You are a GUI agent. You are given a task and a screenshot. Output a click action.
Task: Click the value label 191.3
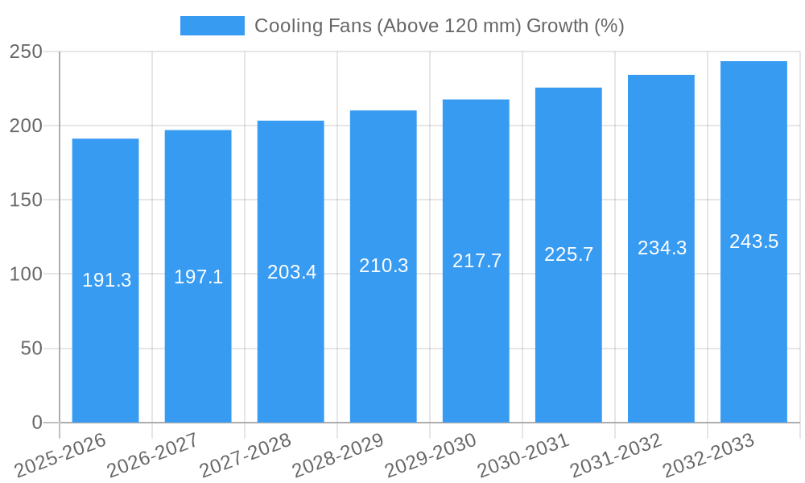point(106,280)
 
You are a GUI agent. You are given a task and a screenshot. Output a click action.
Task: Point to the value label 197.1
point(198,277)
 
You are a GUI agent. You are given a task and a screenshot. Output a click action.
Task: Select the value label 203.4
point(291,272)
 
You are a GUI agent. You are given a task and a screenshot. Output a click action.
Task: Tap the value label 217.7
point(477,261)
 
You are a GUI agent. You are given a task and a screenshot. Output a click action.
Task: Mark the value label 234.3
point(662,248)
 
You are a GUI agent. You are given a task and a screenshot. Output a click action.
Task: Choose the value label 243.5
point(753,242)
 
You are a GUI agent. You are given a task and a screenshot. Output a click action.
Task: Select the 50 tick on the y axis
point(31,349)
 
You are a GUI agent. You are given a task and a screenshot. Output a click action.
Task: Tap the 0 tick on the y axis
point(37,423)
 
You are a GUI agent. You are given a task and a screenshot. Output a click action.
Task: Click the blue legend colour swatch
point(212,26)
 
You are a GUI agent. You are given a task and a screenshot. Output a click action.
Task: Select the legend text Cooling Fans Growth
point(439,26)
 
